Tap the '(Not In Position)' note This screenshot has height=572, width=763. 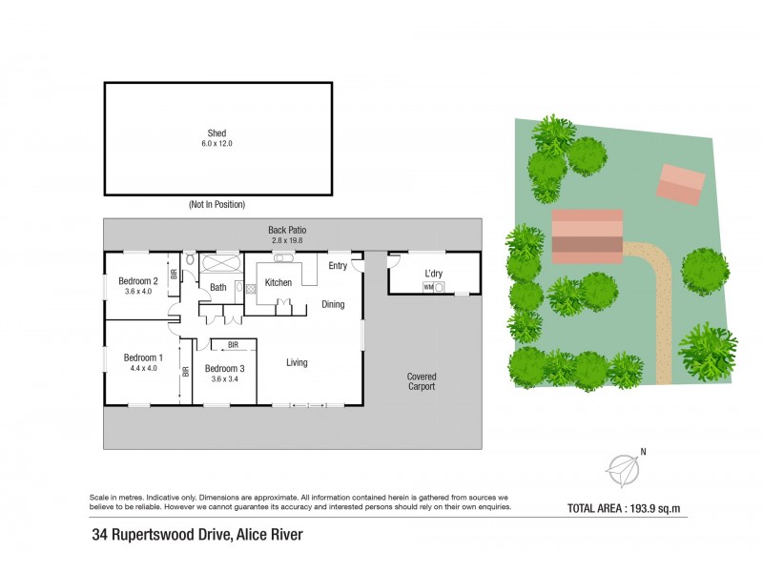click(x=217, y=205)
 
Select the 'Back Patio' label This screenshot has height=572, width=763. click(x=287, y=231)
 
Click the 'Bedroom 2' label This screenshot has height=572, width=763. click(x=138, y=281)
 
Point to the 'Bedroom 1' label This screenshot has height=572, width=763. click(x=143, y=358)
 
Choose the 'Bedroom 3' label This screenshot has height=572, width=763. click(x=225, y=369)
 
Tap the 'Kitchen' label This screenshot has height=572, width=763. click(x=278, y=282)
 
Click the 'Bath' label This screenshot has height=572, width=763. click(x=217, y=287)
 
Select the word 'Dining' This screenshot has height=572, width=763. click(x=333, y=305)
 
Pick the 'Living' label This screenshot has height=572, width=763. click(x=298, y=362)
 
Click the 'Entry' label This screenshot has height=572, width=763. click(x=338, y=266)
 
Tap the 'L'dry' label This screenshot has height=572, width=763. click(x=435, y=275)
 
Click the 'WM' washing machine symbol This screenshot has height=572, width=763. click(x=429, y=286)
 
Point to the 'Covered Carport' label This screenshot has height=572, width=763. click(x=421, y=381)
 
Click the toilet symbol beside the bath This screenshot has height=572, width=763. click(x=190, y=259)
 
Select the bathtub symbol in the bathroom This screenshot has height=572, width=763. click(x=221, y=262)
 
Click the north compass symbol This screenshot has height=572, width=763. click(x=625, y=468)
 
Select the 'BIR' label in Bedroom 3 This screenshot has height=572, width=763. click(x=233, y=344)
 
